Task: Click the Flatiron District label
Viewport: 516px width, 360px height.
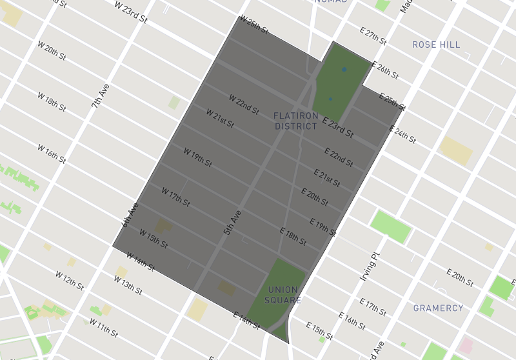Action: point(296,121)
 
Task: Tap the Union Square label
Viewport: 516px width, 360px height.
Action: point(283,295)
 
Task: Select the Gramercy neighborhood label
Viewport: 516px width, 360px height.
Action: point(438,308)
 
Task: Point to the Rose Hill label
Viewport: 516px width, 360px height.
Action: point(436,45)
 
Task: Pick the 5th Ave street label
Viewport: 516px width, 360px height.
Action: point(233,222)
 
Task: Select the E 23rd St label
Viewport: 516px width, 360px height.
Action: point(338,127)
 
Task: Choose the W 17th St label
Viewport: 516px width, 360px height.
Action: point(175,197)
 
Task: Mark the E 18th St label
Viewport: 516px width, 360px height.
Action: point(293,236)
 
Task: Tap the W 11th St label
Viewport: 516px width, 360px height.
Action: point(104,327)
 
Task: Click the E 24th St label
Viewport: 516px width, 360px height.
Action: point(404,135)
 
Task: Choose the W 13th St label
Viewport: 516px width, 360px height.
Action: point(128,284)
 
